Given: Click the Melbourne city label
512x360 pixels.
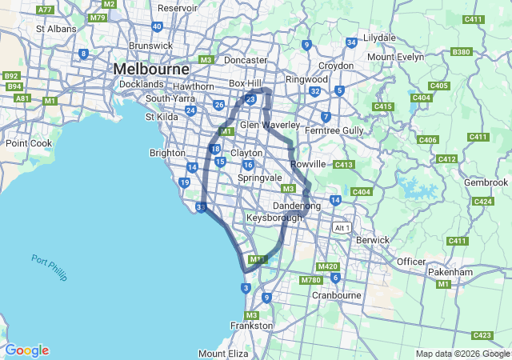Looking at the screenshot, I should pyautogui.click(x=150, y=70).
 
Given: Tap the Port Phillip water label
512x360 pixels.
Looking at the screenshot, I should pyautogui.click(x=50, y=267).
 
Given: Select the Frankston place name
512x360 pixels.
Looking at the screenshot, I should pyautogui.click(x=251, y=326).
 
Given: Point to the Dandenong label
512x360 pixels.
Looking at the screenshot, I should pyautogui.click(x=297, y=206).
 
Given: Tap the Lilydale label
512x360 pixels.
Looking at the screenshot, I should pyautogui.click(x=380, y=38).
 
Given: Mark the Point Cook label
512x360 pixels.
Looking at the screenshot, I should pyautogui.click(x=29, y=143).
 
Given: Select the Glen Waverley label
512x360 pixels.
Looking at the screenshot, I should pyautogui.click(x=270, y=125).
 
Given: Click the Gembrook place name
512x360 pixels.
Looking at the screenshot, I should pyautogui.click(x=485, y=182).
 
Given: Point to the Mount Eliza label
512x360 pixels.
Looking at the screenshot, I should pyautogui.click(x=223, y=353).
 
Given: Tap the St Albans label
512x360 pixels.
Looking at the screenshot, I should pyautogui.click(x=56, y=29).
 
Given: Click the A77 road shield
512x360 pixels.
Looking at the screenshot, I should pyautogui.click(x=46, y=10).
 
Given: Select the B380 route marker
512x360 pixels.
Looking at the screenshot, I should pyautogui.click(x=461, y=52).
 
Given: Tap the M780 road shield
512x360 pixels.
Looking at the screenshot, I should pyautogui.click(x=310, y=280).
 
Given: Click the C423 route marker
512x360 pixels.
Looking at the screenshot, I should pyautogui.click(x=482, y=335).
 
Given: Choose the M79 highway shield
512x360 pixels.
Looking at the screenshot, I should pyautogui.click(x=98, y=17).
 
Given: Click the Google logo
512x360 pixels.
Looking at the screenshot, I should pyautogui.click(x=26, y=350).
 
